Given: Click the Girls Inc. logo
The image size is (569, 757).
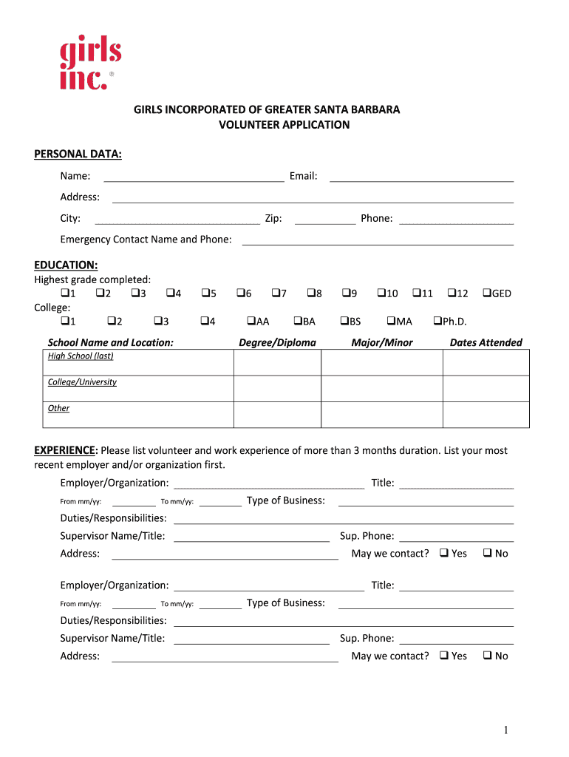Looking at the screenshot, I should point(89,66).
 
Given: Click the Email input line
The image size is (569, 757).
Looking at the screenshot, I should point(421,176).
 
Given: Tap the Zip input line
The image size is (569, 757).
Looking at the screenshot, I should point(324,219).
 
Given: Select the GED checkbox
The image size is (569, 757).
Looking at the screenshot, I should point(487,293).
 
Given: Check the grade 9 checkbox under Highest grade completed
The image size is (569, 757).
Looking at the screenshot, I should point(345,293).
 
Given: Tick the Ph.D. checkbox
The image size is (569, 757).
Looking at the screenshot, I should point(437,321).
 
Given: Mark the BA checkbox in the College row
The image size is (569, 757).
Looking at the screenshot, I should point(298,321).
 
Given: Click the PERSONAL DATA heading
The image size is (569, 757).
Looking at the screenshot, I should point(78,154).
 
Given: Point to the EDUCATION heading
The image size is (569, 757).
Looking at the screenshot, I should point(66,265).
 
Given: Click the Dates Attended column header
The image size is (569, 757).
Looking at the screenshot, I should point(485,342).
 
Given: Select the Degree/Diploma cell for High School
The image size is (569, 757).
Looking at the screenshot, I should point(277,362).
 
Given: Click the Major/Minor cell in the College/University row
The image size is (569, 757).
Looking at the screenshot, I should point(381,389).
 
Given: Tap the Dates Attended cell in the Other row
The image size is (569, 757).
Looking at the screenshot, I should point(485,415).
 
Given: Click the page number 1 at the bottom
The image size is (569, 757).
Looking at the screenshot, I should point(506,730).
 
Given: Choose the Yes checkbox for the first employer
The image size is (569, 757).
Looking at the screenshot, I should point(443,553).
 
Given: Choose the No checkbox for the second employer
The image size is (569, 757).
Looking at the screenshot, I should point(488,656).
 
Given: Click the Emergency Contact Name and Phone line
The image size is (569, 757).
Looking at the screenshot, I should point(378,240).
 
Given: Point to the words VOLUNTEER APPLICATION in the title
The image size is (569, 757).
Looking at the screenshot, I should point(284,125).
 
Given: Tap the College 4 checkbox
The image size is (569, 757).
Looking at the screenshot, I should point(205,321).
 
